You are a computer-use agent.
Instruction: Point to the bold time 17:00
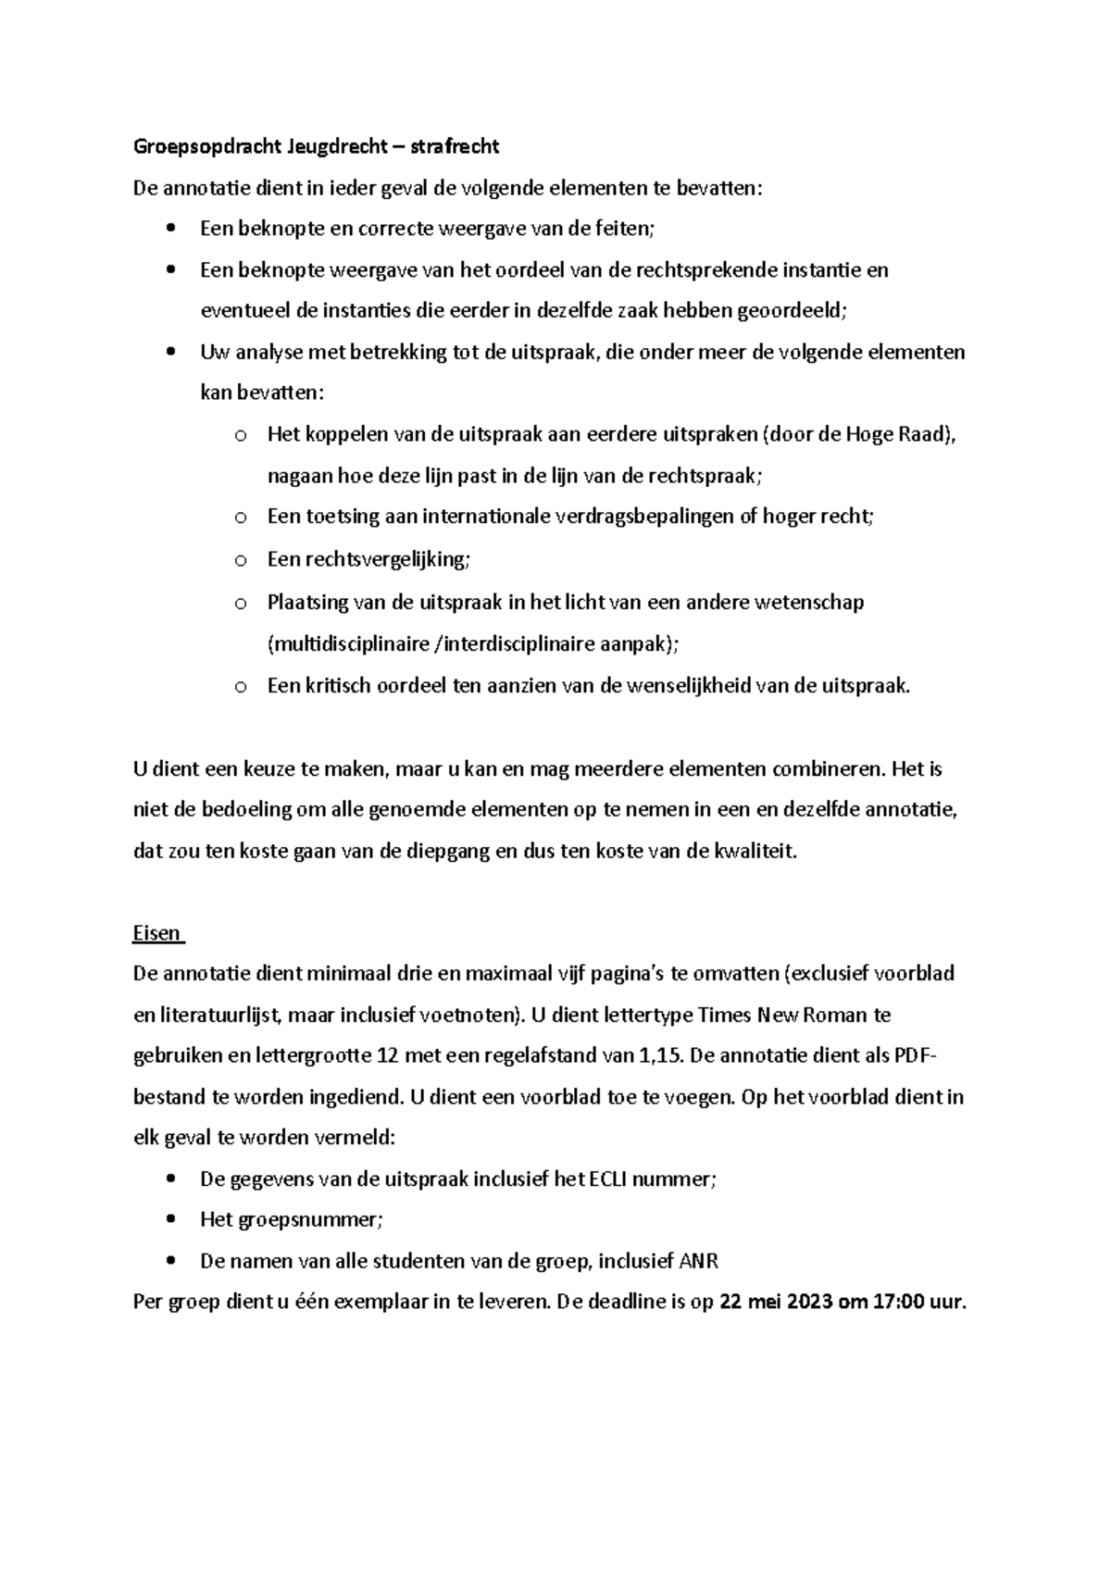[900, 1302]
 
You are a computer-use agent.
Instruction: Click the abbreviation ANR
[699, 1261]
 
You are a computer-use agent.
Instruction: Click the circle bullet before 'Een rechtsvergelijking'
[239, 560]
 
